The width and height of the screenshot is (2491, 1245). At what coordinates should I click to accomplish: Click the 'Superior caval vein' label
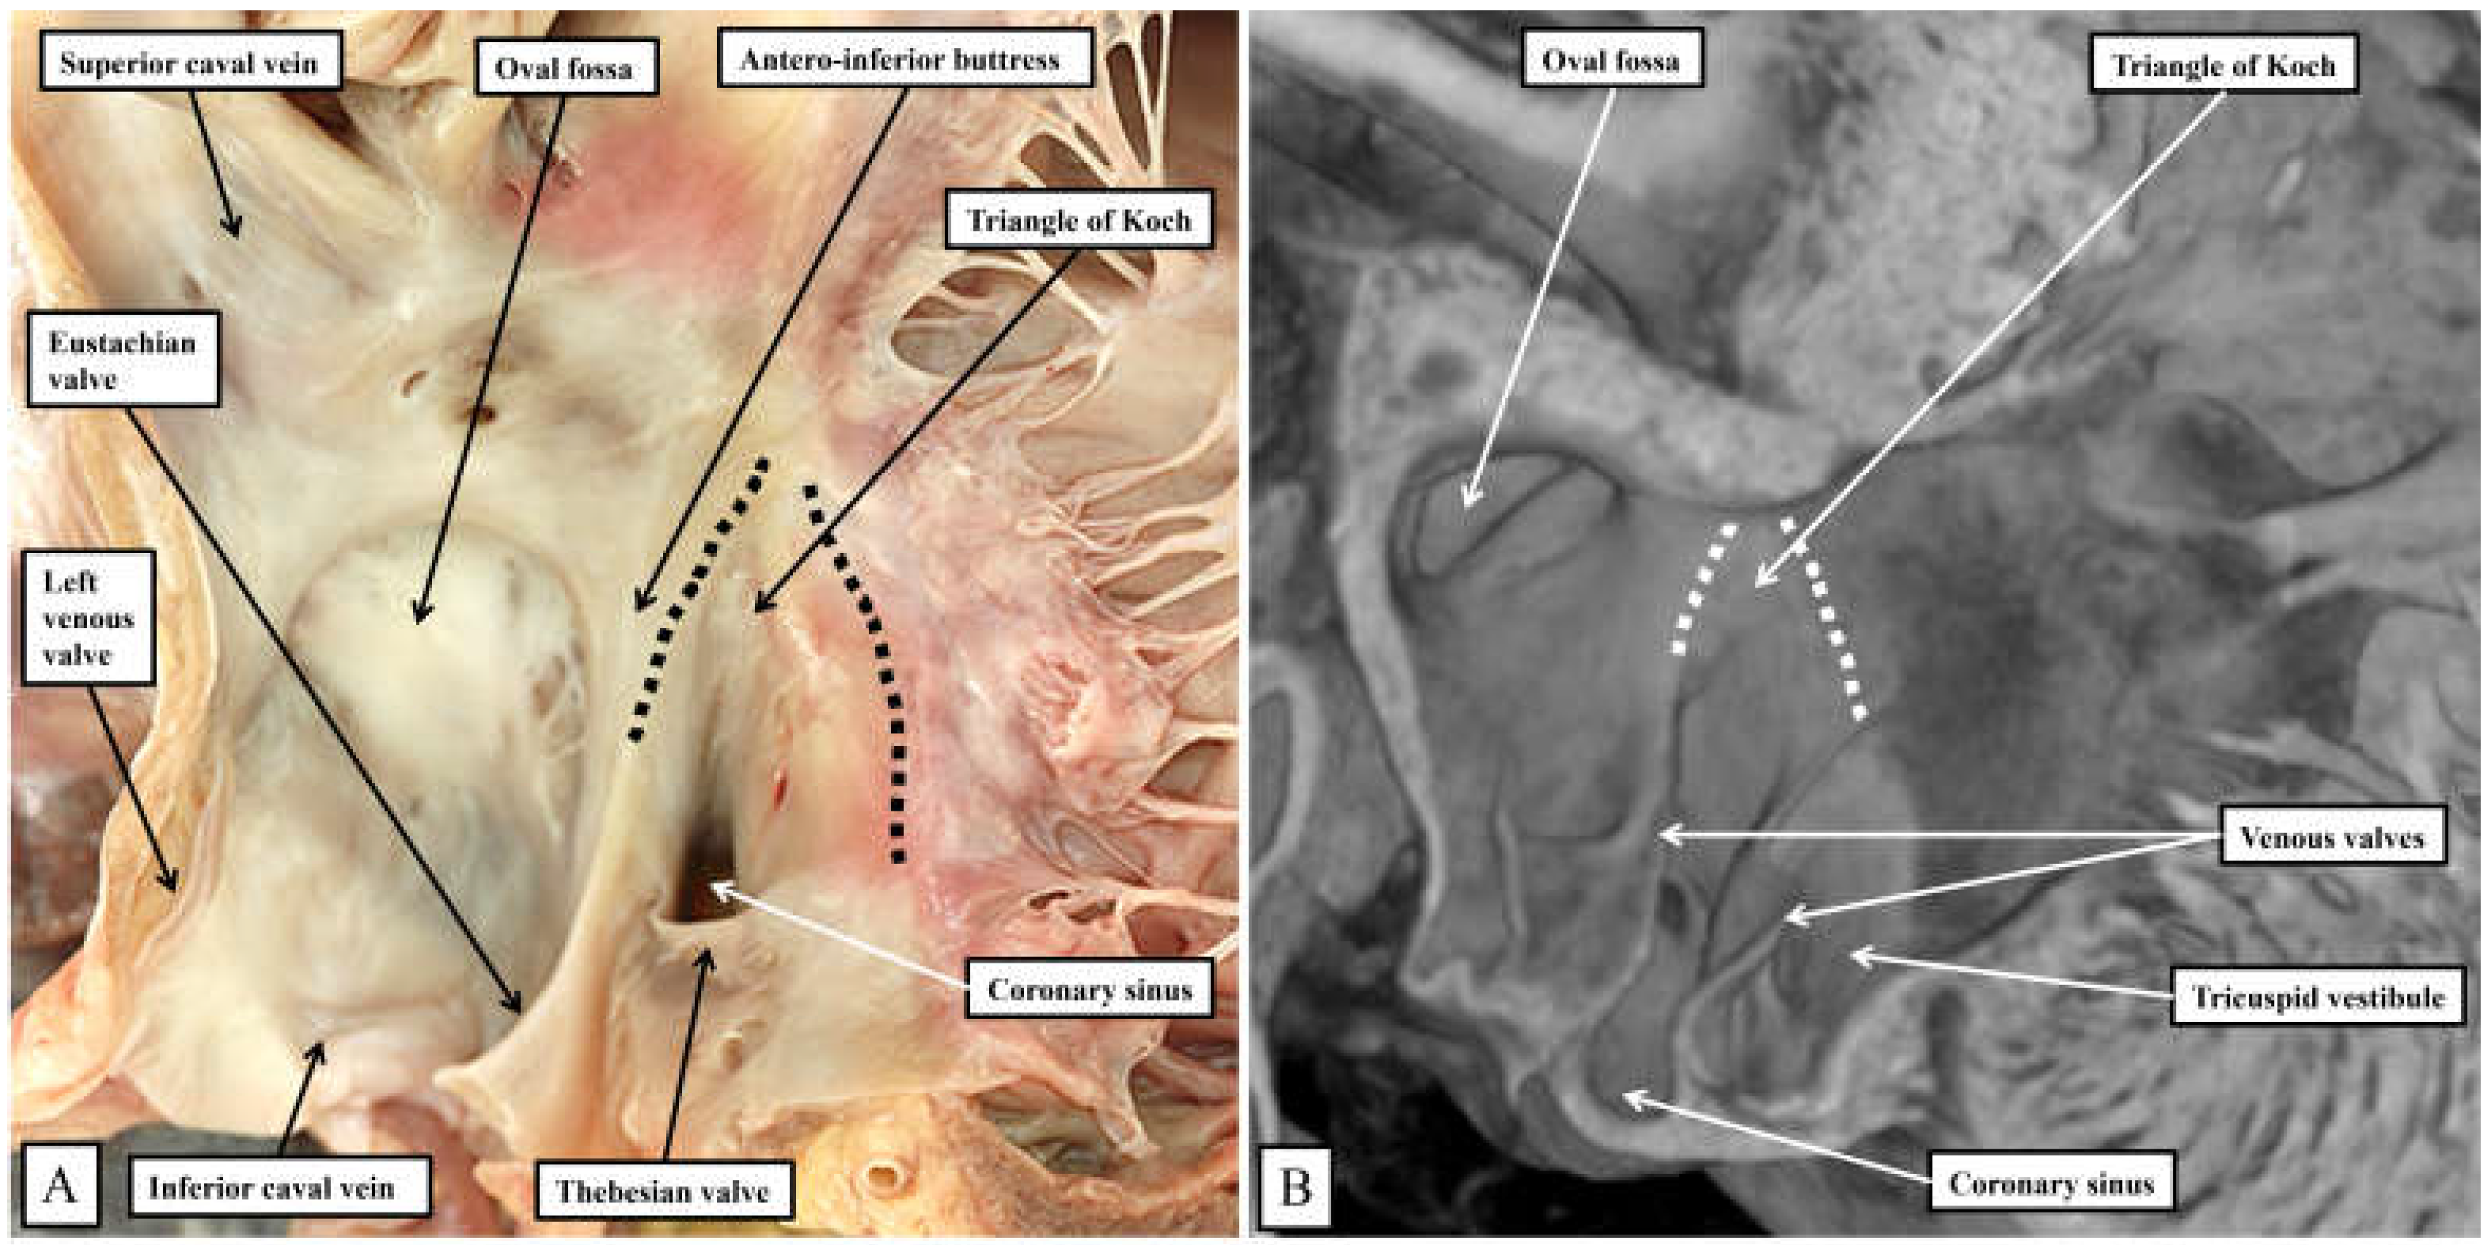[x=190, y=64]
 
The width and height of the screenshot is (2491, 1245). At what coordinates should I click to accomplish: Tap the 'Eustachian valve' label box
[x=123, y=360]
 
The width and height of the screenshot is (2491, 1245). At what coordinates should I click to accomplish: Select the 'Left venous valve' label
[x=88, y=618]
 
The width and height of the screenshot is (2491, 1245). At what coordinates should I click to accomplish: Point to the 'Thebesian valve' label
[x=662, y=1191]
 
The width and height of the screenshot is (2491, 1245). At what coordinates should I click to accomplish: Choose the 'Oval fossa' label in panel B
[x=1611, y=61]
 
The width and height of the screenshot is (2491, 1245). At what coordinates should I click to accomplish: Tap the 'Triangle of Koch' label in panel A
[x=1079, y=221]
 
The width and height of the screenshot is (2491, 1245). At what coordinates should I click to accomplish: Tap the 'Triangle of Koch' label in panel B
[x=2223, y=66]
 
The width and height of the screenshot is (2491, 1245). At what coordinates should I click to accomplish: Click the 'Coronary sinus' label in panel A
[x=1090, y=990]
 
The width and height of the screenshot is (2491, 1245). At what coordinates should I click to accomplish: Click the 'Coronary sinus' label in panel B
[x=2051, y=1183]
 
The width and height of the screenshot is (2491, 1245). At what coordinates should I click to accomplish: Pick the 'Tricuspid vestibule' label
[x=2318, y=997]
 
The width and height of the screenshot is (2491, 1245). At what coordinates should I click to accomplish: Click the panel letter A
[x=60, y=1184]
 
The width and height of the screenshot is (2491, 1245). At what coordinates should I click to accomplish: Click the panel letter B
[x=1295, y=1186]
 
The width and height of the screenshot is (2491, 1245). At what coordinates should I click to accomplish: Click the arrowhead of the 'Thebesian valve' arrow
[x=707, y=953]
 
